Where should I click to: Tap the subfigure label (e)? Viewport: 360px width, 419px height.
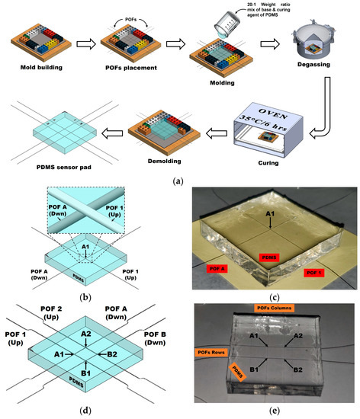[273, 411]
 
